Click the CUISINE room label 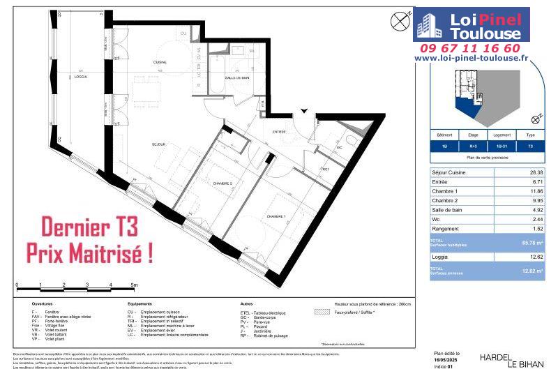(x=160, y=63)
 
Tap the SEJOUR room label (x=158, y=144)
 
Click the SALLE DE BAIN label (x=238, y=77)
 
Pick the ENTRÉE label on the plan (x=279, y=132)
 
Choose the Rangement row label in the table (x=451, y=229)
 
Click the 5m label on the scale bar (x=134, y=285)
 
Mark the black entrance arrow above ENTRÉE (x=303, y=110)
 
